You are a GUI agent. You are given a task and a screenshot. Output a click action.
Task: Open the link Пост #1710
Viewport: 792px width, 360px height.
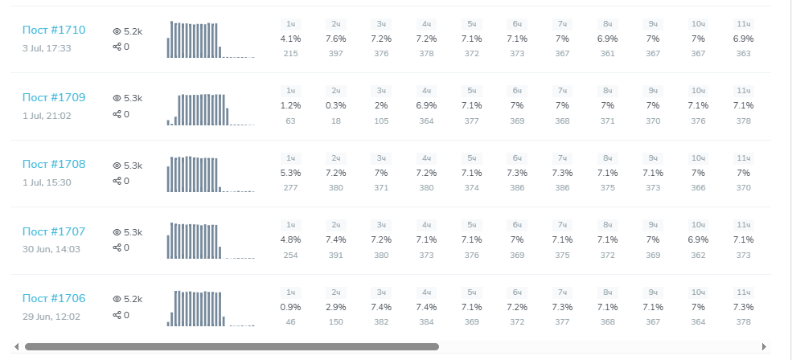tap(54, 31)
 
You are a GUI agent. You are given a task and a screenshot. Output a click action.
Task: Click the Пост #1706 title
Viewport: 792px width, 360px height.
tap(54, 299)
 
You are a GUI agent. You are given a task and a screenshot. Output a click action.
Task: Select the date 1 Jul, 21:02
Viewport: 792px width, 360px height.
tap(47, 116)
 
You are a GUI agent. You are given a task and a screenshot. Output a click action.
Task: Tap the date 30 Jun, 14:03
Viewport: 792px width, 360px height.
tap(51, 249)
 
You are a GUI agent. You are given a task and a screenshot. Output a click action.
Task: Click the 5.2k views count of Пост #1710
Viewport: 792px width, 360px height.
tap(133, 31)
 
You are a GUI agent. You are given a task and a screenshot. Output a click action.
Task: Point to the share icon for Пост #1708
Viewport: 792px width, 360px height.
tap(117, 181)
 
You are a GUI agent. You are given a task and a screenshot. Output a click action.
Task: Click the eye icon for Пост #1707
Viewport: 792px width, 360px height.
tap(117, 232)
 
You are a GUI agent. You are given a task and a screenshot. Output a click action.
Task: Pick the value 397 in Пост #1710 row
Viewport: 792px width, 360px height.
tap(336, 54)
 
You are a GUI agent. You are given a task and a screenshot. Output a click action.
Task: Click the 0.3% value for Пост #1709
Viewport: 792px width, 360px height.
tap(336, 105)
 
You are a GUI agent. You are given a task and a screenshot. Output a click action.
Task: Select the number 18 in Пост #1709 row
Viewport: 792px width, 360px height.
tap(336, 121)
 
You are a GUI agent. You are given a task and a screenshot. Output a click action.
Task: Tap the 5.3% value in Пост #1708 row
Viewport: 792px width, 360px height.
tap(290, 173)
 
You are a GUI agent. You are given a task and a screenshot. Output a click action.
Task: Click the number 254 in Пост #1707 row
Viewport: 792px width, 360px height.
tap(290, 256)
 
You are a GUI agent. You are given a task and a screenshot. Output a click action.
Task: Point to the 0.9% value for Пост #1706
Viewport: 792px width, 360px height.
tap(290, 307)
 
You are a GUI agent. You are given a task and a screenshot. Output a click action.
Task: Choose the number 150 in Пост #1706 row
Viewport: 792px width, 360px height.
tap(336, 322)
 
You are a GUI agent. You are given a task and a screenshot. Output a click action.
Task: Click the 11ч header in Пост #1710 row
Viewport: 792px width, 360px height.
tap(744, 24)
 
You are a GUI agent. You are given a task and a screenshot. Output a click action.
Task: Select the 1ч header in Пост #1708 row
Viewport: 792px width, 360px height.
tap(291, 158)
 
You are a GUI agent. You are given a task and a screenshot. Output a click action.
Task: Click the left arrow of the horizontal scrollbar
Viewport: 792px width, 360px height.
tap(17, 347)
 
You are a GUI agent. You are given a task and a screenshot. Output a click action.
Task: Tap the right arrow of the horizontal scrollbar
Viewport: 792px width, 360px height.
tap(764, 347)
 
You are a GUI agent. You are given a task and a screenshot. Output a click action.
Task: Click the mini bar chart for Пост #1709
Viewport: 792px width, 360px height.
tap(211, 109)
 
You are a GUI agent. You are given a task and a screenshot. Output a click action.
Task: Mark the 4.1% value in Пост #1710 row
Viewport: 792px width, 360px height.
tap(290, 39)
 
